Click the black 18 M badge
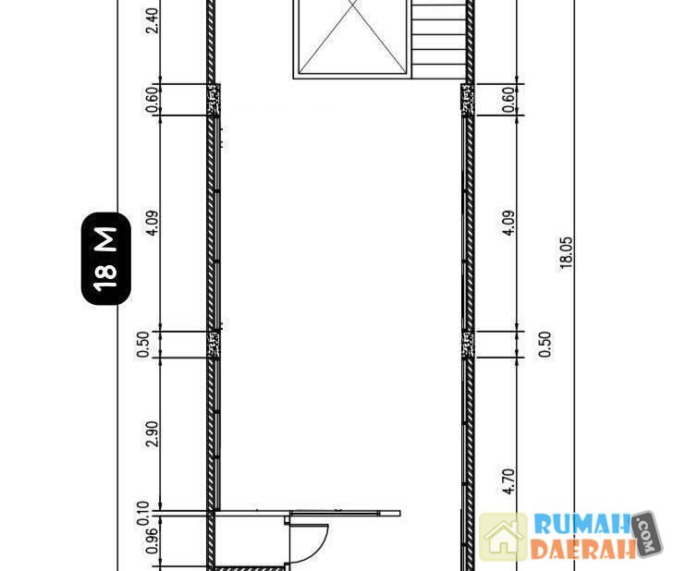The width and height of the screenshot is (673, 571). (x=105, y=259)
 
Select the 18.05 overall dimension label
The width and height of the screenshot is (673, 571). (x=566, y=253)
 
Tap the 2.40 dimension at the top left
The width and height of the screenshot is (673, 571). (x=152, y=20)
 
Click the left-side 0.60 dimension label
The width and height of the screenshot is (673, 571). (x=152, y=100)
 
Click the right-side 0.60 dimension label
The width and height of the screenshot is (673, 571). (x=508, y=100)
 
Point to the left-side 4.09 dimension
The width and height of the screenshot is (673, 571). (x=152, y=223)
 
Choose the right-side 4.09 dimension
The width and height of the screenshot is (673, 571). (x=508, y=223)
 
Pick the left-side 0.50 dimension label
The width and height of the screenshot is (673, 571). (x=143, y=344)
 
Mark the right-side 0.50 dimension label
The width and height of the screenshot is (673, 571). (x=545, y=344)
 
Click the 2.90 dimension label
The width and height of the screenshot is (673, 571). (x=152, y=433)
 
